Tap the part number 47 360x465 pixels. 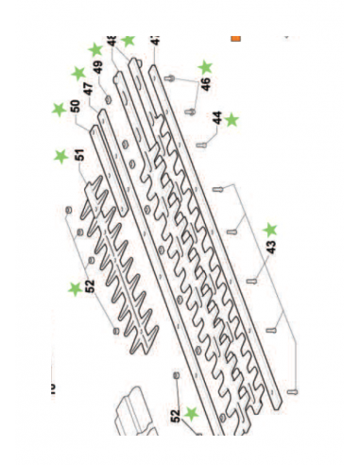[87, 91]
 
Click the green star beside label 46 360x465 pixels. [206, 67]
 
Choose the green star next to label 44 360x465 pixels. [232, 119]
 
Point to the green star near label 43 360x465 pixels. [271, 229]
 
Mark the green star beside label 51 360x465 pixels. [61, 156]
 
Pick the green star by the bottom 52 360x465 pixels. [193, 413]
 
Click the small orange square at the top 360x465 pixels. [236, 39]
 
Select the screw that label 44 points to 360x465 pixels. [202, 145]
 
